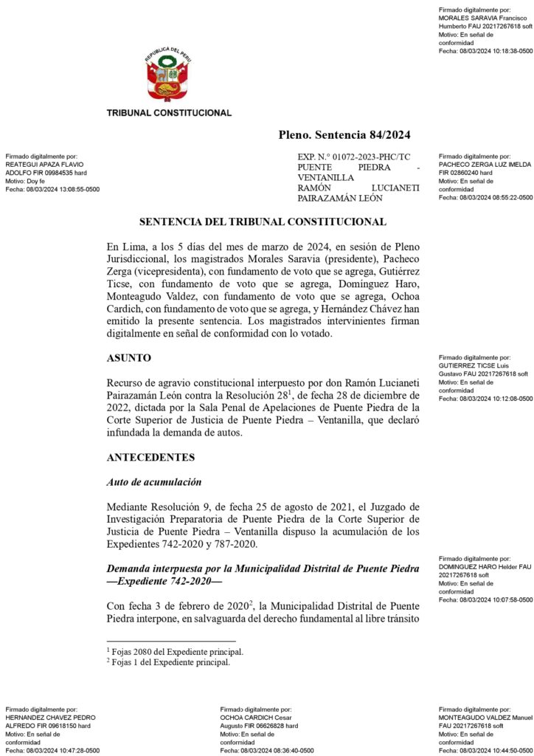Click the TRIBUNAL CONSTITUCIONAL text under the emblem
point(169,113)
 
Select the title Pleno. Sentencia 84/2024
point(344,134)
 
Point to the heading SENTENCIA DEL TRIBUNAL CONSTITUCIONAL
point(263,221)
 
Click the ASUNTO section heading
point(129,358)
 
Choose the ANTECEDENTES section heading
point(150,458)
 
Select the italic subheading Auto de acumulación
point(154,482)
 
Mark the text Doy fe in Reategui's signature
point(37,181)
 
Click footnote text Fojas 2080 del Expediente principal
point(177,652)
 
